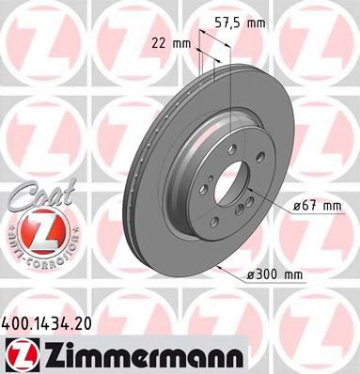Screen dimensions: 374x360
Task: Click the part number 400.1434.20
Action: (x=46, y=320)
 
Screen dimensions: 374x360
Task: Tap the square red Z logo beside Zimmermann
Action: (x=18, y=353)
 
